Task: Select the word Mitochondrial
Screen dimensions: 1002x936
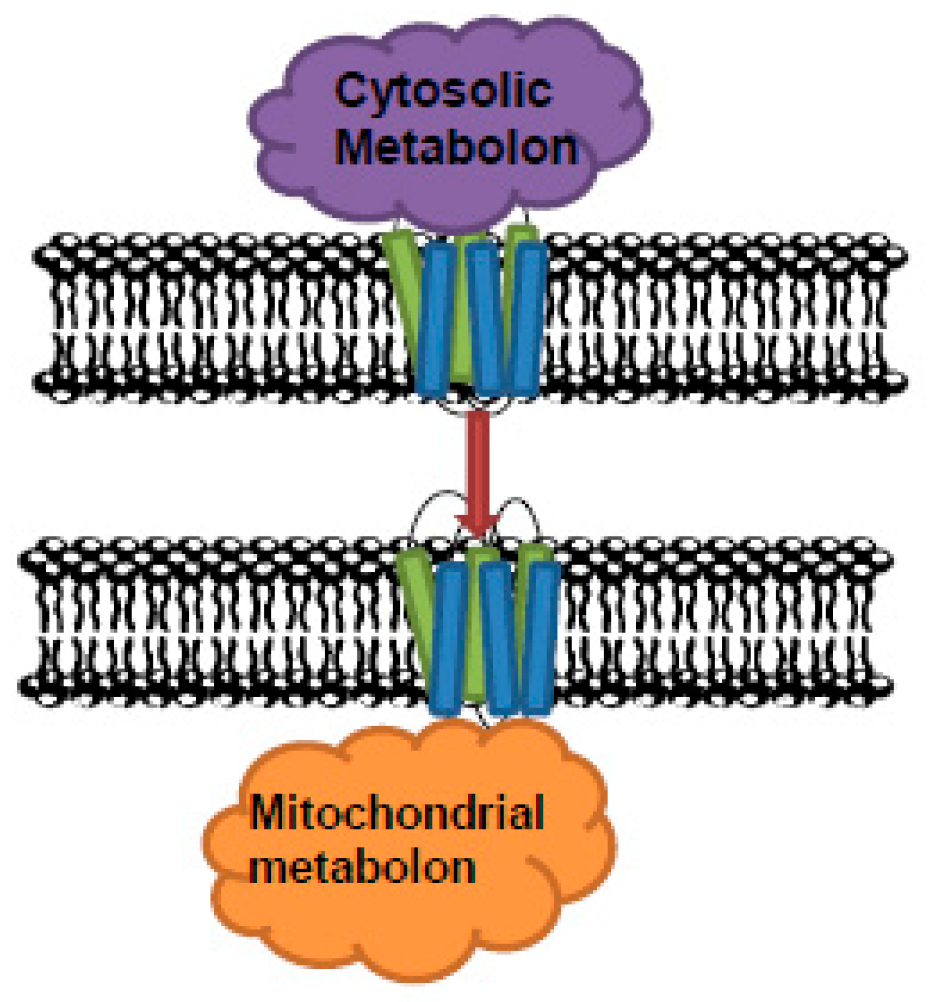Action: click(396, 813)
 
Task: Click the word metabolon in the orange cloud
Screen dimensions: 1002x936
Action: click(362, 868)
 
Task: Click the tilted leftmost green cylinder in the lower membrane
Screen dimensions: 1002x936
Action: click(415, 595)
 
